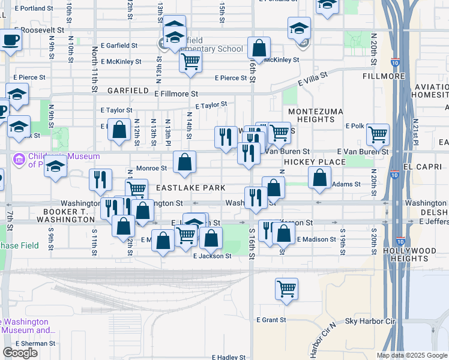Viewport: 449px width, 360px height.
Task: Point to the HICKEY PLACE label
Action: pos(315,162)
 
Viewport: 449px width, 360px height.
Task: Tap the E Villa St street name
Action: pos(312,79)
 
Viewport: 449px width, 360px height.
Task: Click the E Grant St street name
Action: pos(271,320)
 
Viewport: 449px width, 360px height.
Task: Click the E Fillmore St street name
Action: pos(176,94)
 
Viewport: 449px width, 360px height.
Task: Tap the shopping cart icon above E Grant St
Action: pos(287,288)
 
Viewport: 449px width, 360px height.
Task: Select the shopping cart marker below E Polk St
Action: pos(378,134)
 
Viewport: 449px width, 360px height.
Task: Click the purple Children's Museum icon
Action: pos(18,160)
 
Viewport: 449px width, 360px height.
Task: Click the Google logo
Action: pos(20,353)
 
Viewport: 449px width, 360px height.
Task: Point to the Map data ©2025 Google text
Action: pos(411,355)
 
